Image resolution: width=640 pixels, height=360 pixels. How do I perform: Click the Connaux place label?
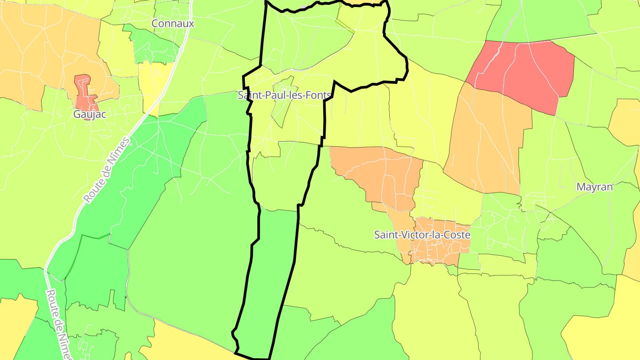click(x=173, y=24)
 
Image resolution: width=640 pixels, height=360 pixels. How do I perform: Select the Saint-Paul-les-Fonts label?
click(x=284, y=95)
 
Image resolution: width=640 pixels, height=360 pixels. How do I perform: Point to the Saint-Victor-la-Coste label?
click(x=422, y=235)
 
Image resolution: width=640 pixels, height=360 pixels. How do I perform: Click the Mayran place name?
click(x=595, y=187)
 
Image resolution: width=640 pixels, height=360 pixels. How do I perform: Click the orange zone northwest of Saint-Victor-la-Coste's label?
click(x=382, y=173)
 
